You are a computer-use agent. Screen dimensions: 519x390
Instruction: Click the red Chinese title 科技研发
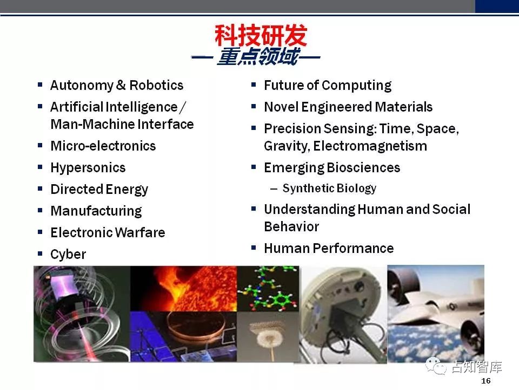pyautogui.click(x=261, y=35)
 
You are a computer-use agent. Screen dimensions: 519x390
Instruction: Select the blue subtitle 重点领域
pyautogui.click(x=258, y=56)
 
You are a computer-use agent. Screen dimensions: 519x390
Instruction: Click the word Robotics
pyautogui.click(x=156, y=85)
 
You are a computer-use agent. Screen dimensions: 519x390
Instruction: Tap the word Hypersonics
pyautogui.click(x=88, y=168)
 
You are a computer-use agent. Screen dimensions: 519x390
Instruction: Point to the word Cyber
pyautogui.click(x=68, y=255)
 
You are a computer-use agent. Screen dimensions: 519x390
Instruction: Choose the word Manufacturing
pyautogui.click(x=96, y=211)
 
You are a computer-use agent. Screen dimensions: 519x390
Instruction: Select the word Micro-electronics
pyautogui.click(x=103, y=146)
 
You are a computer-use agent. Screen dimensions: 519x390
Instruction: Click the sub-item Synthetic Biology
pyautogui.click(x=329, y=188)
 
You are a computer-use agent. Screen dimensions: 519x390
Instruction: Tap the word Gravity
pyautogui.click(x=287, y=146)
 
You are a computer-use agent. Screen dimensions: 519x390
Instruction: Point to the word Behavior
pyautogui.click(x=291, y=227)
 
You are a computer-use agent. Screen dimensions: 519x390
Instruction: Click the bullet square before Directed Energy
pyautogui.click(x=40, y=188)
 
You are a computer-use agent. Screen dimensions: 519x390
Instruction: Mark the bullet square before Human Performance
pyautogui.click(x=254, y=248)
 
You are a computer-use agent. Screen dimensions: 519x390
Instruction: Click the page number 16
pyautogui.click(x=486, y=381)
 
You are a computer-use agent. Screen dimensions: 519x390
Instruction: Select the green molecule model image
pyautogui.click(x=268, y=289)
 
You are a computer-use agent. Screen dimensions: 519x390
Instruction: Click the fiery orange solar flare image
pyautogui.click(x=184, y=289)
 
